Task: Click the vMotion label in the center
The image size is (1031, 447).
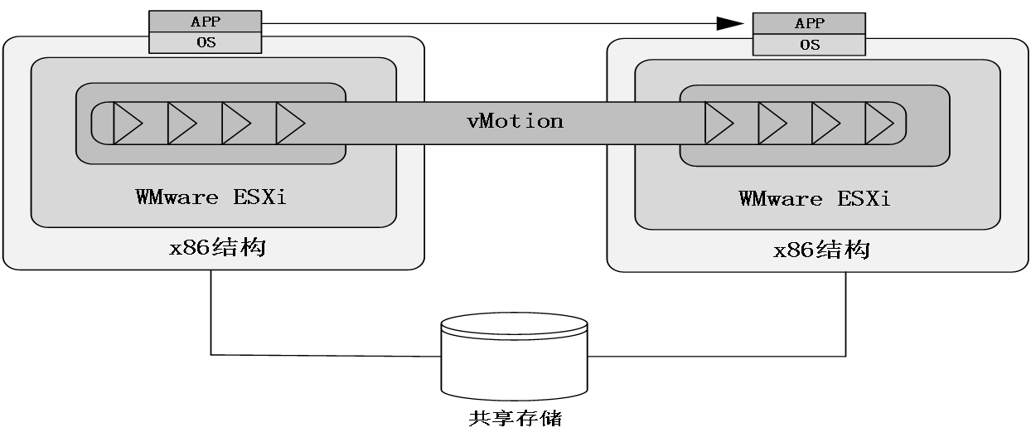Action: (515, 121)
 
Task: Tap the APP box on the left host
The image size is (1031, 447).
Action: (205, 22)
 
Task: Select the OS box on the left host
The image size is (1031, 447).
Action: (205, 42)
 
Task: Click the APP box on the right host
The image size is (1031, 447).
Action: (808, 24)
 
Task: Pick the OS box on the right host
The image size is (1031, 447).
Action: (808, 45)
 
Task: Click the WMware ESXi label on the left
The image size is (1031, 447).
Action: (211, 197)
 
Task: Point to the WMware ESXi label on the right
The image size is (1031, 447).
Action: (814, 199)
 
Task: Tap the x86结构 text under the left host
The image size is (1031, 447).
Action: (217, 247)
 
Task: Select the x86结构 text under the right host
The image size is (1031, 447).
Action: (821, 250)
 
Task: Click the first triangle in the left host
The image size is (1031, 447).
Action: (127, 124)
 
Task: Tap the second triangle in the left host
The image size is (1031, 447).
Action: (181, 124)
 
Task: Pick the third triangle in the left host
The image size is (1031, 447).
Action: (235, 124)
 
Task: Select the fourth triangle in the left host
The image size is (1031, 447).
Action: (289, 124)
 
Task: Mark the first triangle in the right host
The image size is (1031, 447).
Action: (718, 124)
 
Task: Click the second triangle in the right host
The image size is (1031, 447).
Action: (772, 124)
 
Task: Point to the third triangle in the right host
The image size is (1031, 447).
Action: (825, 124)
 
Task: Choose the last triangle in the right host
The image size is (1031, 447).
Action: (879, 124)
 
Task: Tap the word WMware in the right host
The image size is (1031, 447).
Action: (780, 199)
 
